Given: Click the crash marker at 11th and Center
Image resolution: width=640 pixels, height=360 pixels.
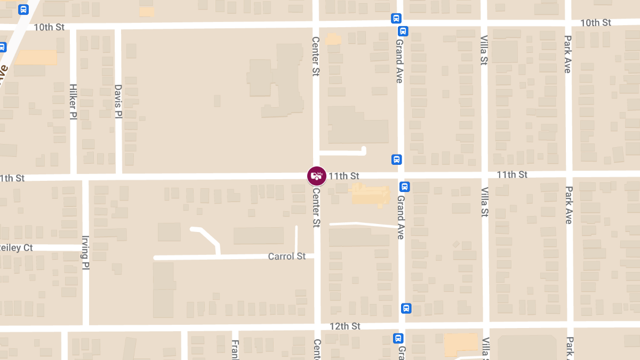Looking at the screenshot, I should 317,175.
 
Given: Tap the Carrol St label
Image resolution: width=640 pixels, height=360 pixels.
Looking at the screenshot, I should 287,257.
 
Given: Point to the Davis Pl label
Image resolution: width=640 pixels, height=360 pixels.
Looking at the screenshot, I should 118,101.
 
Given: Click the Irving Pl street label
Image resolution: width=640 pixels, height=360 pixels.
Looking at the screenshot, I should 85,253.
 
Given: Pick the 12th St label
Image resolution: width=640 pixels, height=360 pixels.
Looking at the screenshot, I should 345,326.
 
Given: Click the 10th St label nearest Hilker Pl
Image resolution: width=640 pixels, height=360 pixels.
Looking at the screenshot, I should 49,27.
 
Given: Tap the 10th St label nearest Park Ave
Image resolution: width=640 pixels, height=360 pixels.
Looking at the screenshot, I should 596,22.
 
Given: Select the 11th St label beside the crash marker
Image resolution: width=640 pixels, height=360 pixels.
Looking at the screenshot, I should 344,175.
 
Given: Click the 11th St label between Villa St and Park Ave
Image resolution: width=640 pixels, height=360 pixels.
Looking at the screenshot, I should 512,174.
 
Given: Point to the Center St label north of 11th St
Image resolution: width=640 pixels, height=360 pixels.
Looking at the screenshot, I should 315,56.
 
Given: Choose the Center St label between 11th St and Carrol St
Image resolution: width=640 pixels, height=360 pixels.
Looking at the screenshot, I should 316,207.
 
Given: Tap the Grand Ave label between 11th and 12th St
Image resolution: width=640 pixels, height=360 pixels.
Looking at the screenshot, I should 401,217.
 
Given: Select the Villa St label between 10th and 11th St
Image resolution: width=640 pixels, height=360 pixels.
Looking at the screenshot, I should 484,50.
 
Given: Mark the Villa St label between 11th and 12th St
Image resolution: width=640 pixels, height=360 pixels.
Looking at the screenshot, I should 485,202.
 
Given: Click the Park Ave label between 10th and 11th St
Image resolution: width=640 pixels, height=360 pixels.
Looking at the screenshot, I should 568,54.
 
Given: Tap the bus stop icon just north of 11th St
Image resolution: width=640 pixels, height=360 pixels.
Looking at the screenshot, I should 396,159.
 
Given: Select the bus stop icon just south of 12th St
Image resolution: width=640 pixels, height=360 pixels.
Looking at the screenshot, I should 398,338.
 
